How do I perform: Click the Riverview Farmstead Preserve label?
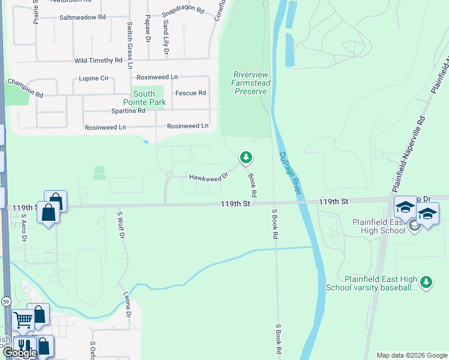tap(250, 83)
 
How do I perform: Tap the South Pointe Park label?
tap(144, 98)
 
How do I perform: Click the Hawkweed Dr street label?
tap(208, 177)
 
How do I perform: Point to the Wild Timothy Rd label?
tap(98, 61)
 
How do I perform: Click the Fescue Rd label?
tap(190, 93)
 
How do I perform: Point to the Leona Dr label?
tap(127, 305)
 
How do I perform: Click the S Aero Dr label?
tap(24, 228)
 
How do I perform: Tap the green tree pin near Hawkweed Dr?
tap(246, 158)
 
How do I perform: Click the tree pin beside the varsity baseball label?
tap(426, 282)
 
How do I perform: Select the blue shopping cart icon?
tap(22, 321)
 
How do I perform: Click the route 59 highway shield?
tap(5, 300)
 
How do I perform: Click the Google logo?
tap(20, 353)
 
